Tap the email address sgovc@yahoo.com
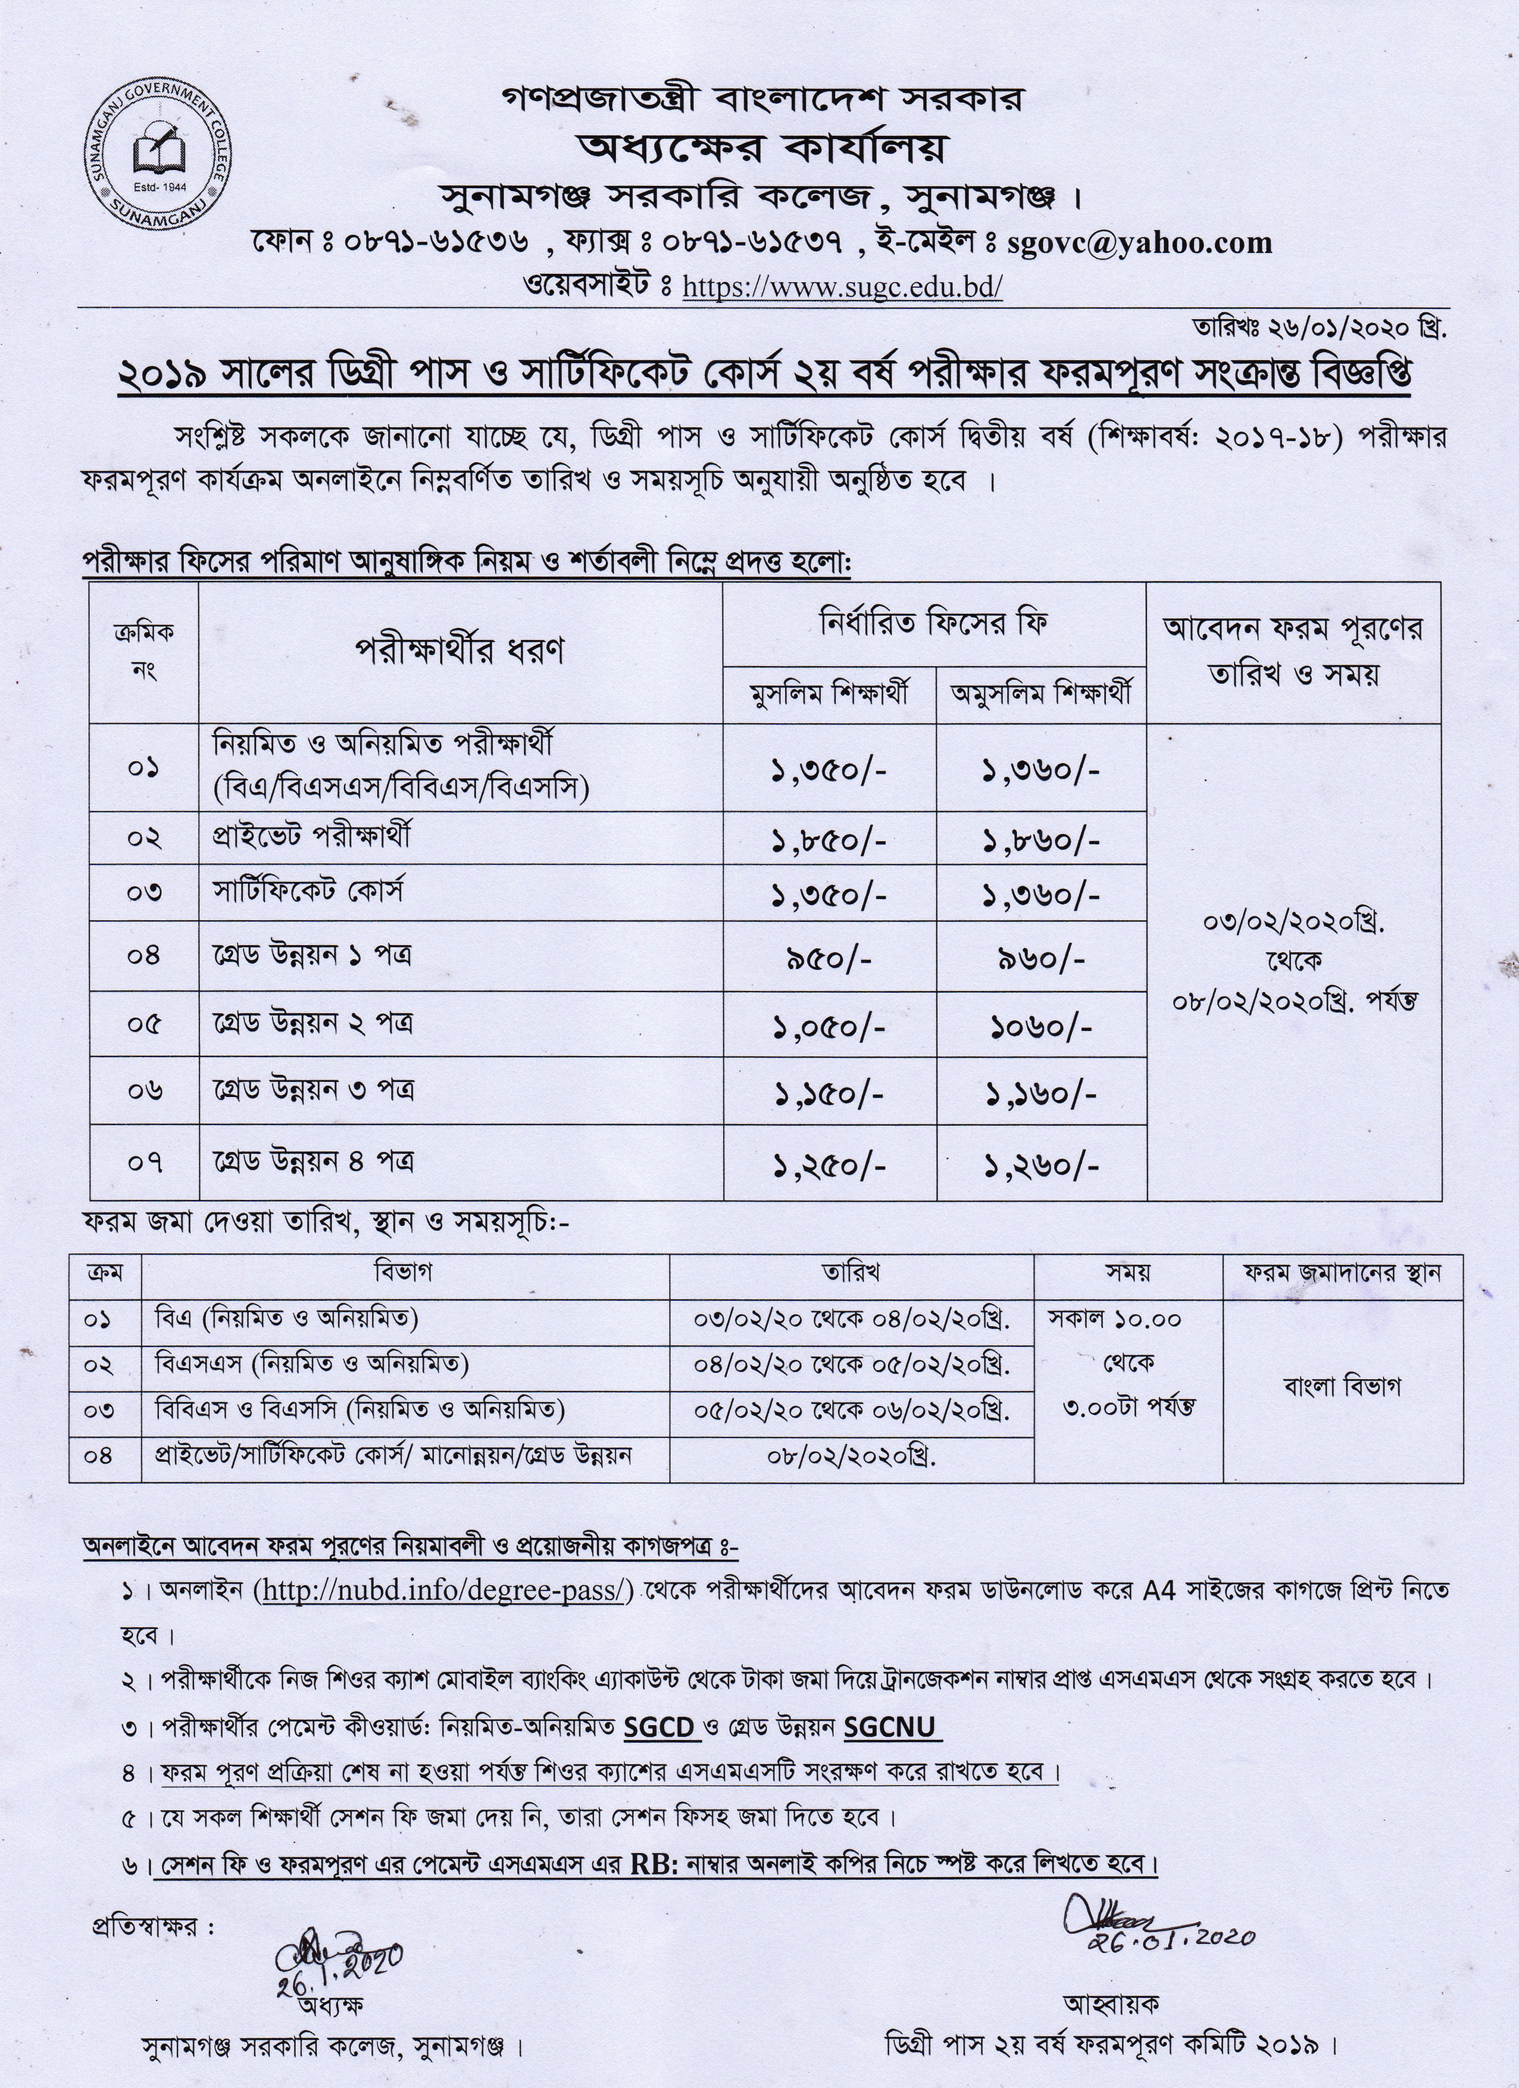[1140, 242]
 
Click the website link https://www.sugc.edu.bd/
[842, 287]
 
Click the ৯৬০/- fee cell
[1041, 960]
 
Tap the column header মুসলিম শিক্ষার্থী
[829, 694]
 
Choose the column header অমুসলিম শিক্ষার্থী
[1041, 694]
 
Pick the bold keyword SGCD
[659, 1726]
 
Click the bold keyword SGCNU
[890, 1726]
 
